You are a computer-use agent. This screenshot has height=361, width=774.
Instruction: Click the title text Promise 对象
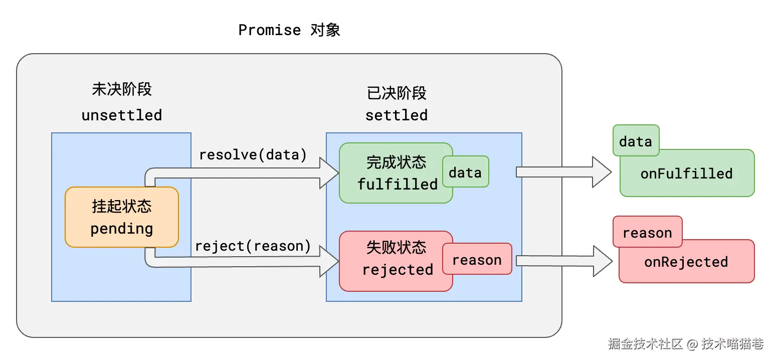coord(289,30)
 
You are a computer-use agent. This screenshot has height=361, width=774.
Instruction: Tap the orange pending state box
coord(122,217)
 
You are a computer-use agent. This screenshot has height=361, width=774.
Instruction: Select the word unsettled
coord(122,115)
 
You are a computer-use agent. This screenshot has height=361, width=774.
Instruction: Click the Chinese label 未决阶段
coord(122,89)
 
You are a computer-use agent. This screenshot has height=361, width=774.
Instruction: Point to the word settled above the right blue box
coord(397,115)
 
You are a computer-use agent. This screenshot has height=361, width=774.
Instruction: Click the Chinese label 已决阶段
coord(397,93)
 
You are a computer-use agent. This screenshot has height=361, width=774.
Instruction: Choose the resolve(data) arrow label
coord(253,155)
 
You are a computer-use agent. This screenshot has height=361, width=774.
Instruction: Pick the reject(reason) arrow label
coord(253,246)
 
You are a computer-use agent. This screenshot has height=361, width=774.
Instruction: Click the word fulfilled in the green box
coord(398,185)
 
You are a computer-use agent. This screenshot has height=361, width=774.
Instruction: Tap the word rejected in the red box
coord(398,270)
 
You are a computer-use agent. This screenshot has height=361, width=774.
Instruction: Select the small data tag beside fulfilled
coord(465,173)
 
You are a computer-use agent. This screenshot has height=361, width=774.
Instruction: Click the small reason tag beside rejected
coord(477,260)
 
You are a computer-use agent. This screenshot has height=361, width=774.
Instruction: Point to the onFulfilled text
coord(686,174)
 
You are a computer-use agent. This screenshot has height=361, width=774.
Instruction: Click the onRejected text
coord(686,262)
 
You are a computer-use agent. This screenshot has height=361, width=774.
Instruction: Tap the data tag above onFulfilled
coord(635,141)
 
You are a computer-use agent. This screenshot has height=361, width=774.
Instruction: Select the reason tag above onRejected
coord(647,233)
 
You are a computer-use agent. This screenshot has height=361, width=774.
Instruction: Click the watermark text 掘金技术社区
coord(645,343)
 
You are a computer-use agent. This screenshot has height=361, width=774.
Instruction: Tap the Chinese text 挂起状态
coord(122,206)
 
